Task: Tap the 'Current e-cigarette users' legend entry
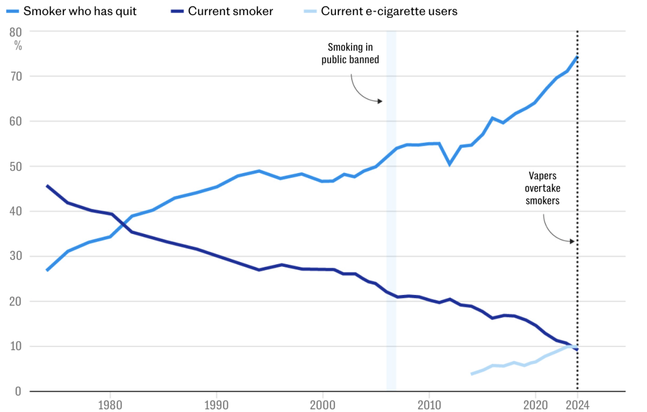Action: [x=389, y=11]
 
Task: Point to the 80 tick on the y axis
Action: [x=16, y=32]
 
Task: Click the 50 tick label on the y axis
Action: [x=16, y=167]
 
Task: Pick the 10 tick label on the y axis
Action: [x=16, y=346]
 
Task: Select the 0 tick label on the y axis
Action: [x=18, y=392]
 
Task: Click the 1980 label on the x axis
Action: [x=110, y=404]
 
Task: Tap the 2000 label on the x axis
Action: [x=322, y=404]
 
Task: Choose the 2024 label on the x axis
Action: [x=577, y=404]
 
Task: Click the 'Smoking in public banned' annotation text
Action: [x=350, y=53]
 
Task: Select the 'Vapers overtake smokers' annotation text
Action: [x=543, y=188]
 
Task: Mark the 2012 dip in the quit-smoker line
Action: [x=450, y=164]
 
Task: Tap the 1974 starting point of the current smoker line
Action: [x=47, y=186]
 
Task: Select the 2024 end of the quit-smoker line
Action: [x=577, y=57]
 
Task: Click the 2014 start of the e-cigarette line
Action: [x=471, y=374]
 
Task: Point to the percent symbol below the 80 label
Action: [x=18, y=46]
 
